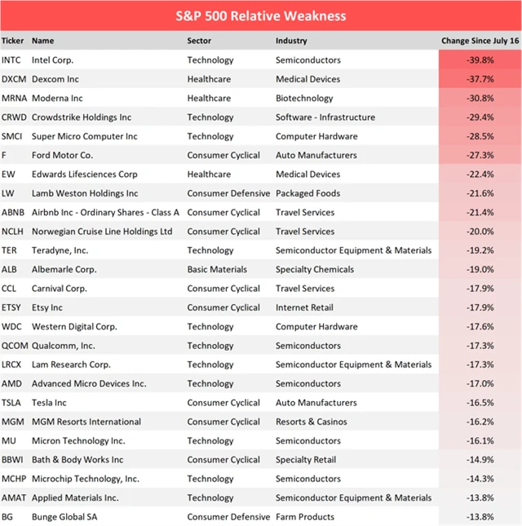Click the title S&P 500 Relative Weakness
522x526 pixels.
click(x=261, y=15)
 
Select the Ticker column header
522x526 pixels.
click(x=12, y=40)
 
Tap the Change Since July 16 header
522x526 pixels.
click(x=480, y=40)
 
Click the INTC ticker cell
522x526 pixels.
click(x=11, y=60)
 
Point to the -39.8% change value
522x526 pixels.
click(x=479, y=60)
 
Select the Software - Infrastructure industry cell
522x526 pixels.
click(x=325, y=117)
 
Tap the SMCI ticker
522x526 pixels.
click(x=12, y=136)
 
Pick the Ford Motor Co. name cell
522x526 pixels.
click(x=62, y=155)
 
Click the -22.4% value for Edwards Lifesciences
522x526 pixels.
click(x=479, y=175)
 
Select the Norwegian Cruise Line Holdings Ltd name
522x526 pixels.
click(x=102, y=232)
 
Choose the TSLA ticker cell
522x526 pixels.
click(x=11, y=403)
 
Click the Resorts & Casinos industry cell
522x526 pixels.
click(x=311, y=422)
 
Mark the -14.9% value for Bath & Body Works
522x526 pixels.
click(x=479, y=460)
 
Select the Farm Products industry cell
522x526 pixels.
click(x=305, y=517)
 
